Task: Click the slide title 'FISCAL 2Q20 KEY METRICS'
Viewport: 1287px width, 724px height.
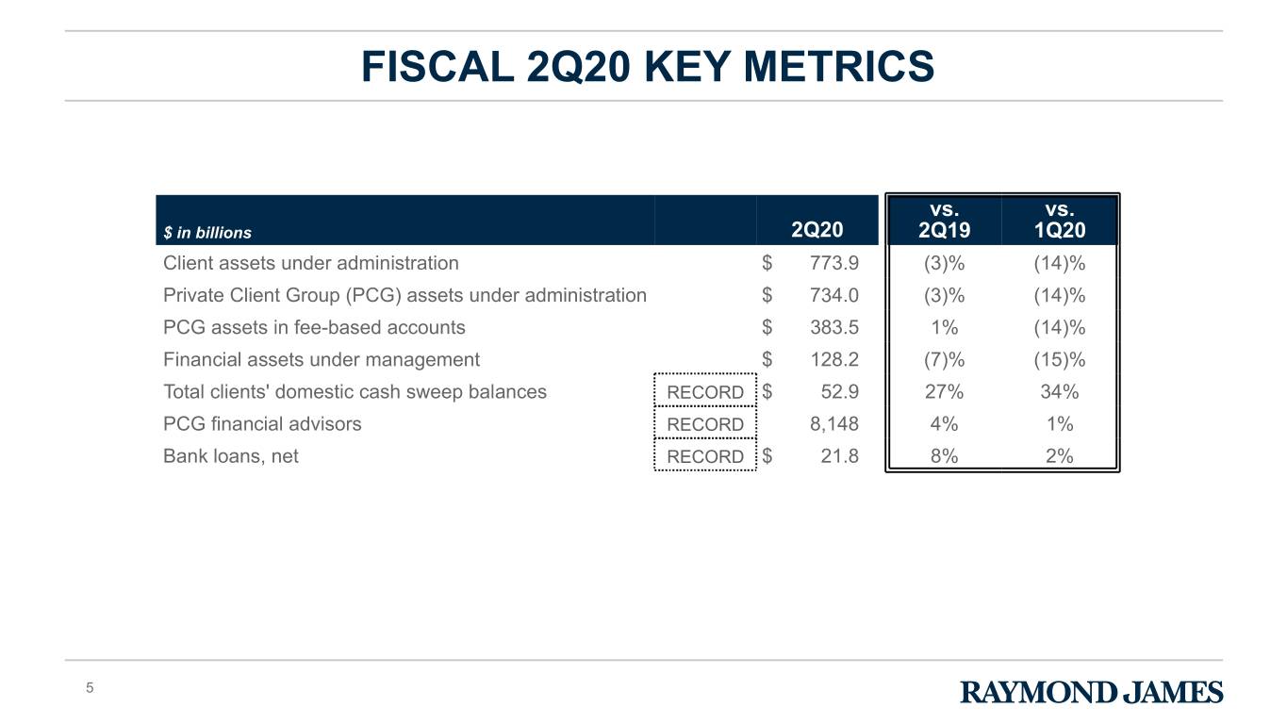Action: coord(648,67)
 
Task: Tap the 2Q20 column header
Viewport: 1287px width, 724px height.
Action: coord(817,230)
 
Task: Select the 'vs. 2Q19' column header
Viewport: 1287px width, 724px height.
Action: coord(944,220)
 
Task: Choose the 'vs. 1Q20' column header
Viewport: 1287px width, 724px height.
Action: coord(1060,220)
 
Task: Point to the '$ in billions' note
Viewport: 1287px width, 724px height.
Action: coord(207,233)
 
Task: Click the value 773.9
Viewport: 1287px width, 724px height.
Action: coord(834,263)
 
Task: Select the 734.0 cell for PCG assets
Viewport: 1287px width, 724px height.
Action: coord(834,295)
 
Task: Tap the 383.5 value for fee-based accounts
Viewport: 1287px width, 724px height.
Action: coord(834,327)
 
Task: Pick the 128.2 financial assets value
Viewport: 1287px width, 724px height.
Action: coord(834,360)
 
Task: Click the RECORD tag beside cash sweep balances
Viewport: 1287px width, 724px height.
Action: coord(705,392)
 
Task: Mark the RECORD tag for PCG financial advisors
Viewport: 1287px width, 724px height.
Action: coord(705,424)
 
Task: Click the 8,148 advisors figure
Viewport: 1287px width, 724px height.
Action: coord(834,424)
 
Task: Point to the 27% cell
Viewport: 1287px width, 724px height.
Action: coord(944,392)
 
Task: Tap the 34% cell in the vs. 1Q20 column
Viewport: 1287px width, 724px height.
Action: coord(1060,392)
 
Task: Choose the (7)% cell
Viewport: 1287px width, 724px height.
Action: coord(944,360)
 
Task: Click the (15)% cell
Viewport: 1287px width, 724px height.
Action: coord(1060,360)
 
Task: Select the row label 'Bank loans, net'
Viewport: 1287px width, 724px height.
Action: coord(231,456)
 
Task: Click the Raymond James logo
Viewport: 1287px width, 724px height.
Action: coord(1092,692)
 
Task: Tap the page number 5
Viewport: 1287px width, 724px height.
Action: coord(90,688)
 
